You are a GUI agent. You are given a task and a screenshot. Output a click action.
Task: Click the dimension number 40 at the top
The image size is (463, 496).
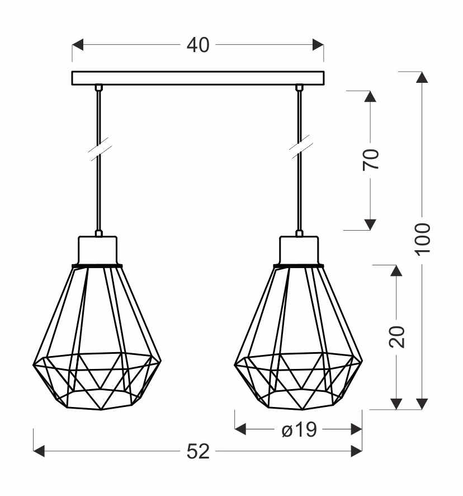(198, 45)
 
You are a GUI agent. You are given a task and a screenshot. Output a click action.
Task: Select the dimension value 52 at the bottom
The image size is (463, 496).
(198, 451)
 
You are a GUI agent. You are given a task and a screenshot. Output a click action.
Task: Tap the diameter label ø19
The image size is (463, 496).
(299, 429)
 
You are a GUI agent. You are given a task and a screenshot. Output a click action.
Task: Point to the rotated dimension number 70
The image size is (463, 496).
(371, 160)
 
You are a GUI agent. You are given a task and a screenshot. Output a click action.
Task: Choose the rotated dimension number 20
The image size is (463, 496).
(396, 336)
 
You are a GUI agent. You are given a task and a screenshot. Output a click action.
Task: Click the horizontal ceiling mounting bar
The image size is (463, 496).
(198, 78)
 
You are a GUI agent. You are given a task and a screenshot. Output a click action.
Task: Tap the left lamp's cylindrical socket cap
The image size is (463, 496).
(98, 250)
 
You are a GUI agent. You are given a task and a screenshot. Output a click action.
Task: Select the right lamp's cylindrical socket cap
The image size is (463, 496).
(299, 250)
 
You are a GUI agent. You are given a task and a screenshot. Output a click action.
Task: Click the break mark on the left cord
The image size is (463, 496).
(100, 149)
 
